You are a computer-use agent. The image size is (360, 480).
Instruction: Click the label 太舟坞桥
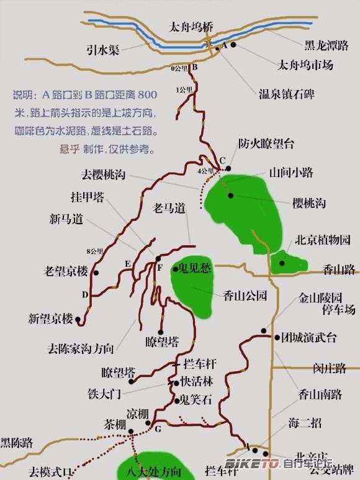(x=191, y=27)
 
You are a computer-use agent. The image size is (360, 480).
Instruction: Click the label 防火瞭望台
(x=266, y=143)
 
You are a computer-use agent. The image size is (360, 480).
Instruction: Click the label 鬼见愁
(x=195, y=268)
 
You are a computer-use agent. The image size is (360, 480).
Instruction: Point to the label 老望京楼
(x=66, y=271)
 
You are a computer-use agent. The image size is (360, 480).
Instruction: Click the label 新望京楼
(x=50, y=319)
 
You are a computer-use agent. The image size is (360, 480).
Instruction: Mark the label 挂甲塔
(x=87, y=197)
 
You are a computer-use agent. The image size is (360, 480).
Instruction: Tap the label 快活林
(x=196, y=382)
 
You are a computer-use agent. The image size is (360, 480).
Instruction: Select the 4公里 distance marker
(x=204, y=170)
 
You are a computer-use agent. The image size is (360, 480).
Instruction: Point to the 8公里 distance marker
(x=94, y=251)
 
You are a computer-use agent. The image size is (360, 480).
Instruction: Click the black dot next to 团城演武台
(x=277, y=337)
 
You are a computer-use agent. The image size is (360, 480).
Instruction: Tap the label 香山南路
(x=320, y=393)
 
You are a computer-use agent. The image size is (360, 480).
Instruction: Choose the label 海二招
(x=305, y=423)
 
